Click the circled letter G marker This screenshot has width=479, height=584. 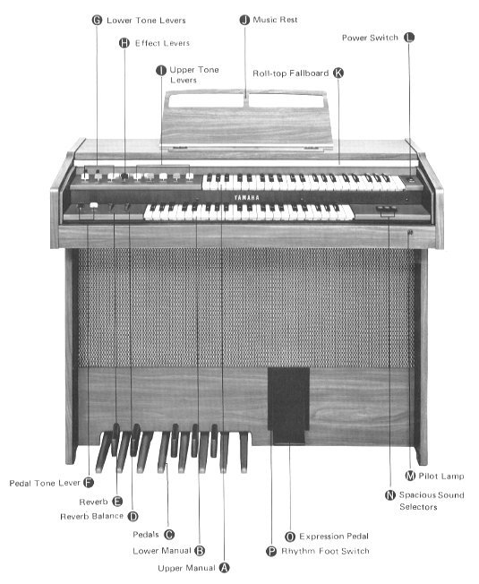(97, 20)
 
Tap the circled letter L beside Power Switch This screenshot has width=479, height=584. (409, 38)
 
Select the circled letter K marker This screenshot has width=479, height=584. (338, 73)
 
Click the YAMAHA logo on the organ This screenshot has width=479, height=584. (247, 197)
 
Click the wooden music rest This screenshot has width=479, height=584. (246, 120)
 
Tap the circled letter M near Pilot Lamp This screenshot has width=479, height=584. (410, 476)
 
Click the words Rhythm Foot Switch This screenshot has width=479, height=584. (325, 551)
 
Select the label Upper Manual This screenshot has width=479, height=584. (186, 568)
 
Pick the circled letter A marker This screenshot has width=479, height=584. (224, 568)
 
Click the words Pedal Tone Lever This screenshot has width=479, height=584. (45, 483)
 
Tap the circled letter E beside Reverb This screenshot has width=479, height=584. (117, 502)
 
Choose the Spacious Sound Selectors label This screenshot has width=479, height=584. (432, 501)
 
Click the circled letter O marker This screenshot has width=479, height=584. (290, 537)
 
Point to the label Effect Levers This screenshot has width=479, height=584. (162, 43)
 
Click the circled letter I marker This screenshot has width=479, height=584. (161, 71)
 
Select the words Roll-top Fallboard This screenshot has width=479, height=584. (291, 73)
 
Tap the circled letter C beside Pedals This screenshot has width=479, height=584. (169, 535)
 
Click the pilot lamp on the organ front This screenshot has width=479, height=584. (410, 232)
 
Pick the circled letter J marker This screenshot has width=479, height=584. (244, 20)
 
